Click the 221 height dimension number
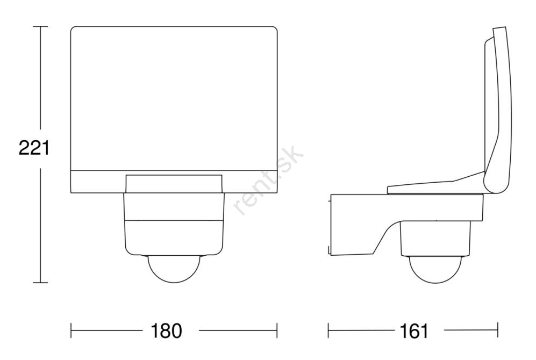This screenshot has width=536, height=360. pyautogui.click(x=34, y=148)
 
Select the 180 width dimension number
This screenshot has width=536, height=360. pyautogui.click(x=167, y=330)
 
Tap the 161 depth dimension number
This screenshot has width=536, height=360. pyautogui.click(x=413, y=330)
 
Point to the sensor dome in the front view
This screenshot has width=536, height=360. pyautogui.click(x=174, y=269)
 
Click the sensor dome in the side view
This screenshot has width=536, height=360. pyautogui.click(x=435, y=270)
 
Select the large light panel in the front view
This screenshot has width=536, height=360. pyautogui.click(x=174, y=98)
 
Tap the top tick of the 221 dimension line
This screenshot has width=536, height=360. pyautogui.click(x=40, y=26)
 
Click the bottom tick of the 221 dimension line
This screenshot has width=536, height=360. pyautogui.click(x=40, y=283)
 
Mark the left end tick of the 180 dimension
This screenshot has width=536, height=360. pyautogui.click(x=71, y=330)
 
